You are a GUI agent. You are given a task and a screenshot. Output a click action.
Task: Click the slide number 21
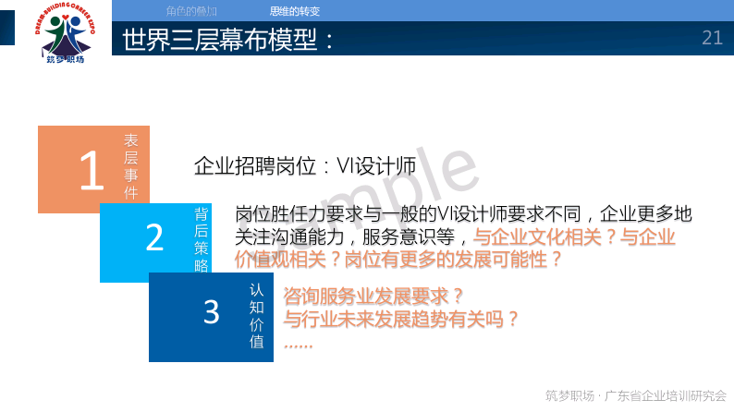coord(712,38)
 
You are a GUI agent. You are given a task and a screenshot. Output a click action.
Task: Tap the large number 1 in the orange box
coord(91,170)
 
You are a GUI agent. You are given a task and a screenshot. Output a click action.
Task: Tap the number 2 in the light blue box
coord(154,237)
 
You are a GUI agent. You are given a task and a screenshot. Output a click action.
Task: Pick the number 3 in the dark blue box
coord(212,311)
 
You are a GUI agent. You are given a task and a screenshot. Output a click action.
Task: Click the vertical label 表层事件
coord(131,166)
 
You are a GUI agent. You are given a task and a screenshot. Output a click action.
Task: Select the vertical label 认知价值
coord(257,315)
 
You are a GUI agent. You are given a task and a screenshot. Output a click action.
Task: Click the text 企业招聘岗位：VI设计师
coord(304,166)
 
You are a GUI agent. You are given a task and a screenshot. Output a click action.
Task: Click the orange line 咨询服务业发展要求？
coord(373,297)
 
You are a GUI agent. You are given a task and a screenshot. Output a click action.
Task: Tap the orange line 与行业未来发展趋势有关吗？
coord(400,320)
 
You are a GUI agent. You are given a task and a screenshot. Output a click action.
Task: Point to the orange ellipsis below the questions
coord(298,343)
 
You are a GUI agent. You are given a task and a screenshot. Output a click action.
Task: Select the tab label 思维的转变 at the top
coord(295,11)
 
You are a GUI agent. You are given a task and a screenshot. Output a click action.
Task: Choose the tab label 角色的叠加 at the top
coord(191,11)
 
